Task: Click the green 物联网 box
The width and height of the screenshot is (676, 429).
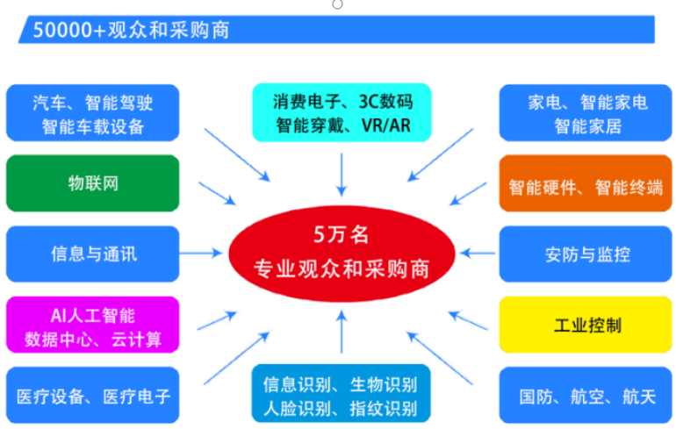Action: coord(92,183)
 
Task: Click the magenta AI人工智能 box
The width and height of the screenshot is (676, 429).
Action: coord(92,325)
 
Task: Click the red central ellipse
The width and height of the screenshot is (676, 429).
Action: coord(342,254)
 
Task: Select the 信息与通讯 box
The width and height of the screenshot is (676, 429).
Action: coord(92,254)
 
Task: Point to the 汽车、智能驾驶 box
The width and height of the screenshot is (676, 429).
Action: coord(92,112)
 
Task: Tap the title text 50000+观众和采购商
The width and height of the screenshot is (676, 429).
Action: coord(132,30)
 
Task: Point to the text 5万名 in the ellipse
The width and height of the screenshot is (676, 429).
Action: coord(342,235)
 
